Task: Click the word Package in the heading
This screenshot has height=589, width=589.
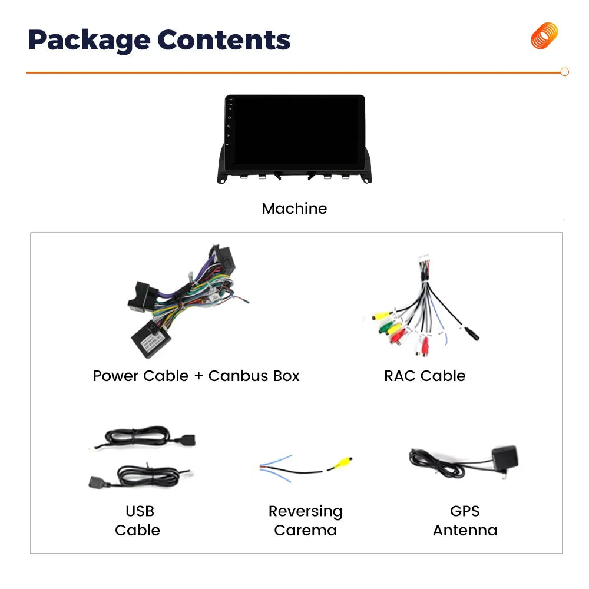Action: (88, 40)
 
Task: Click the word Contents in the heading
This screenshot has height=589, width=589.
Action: (224, 40)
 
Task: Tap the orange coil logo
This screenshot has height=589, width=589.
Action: (544, 36)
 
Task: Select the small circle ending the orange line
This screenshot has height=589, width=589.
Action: (564, 72)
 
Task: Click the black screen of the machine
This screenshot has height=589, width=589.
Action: (296, 133)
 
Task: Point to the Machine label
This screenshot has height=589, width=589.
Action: (294, 209)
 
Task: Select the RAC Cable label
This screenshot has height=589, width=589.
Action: (425, 376)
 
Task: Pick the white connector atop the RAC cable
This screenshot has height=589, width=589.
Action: (425, 260)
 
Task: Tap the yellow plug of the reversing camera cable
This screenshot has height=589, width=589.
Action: (342, 463)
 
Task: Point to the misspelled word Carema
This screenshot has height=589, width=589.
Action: (305, 530)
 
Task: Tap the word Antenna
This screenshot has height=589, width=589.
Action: (465, 530)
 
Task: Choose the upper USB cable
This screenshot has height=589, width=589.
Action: (147, 438)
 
